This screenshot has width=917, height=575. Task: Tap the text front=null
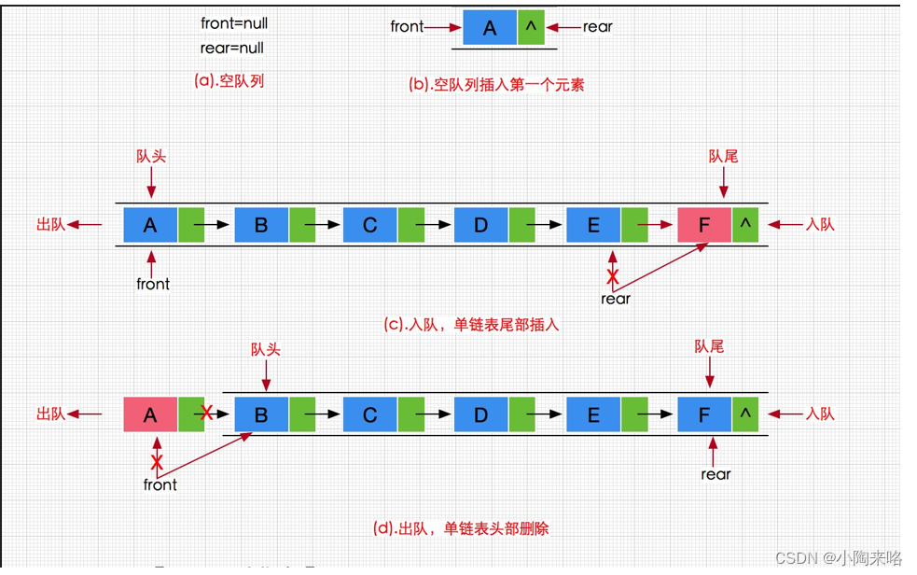(234, 23)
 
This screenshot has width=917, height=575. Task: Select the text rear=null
(232, 48)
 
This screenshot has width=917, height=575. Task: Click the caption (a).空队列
(229, 80)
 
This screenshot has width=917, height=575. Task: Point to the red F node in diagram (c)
(704, 225)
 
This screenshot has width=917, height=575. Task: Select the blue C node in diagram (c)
(370, 225)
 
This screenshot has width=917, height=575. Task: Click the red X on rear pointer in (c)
(613, 276)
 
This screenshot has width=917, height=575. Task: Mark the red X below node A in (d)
(157, 462)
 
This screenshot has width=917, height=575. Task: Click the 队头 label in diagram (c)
(150, 157)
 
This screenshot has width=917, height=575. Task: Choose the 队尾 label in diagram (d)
(709, 347)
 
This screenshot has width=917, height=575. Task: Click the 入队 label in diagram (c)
(820, 224)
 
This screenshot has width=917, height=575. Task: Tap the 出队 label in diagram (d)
(51, 414)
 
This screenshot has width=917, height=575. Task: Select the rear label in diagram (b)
(598, 27)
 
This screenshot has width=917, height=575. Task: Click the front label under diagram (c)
(153, 284)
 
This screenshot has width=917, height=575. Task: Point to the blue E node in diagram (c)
(593, 225)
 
